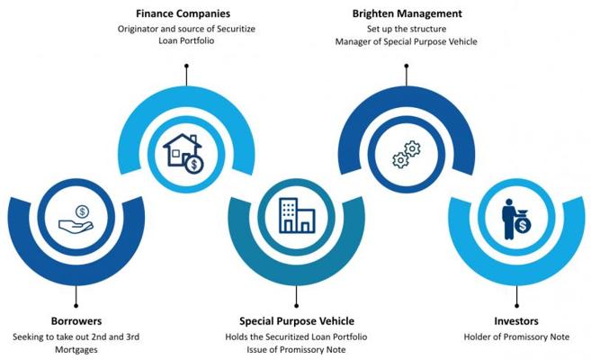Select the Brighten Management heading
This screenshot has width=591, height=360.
pos(407,14)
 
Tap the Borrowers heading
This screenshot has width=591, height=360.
pos(76,320)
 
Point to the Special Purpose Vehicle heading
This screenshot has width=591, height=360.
pos(296,320)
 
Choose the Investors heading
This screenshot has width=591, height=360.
pos(516,320)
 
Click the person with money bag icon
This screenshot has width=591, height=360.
pos(515,217)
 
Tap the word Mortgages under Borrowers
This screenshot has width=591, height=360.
pos(76,349)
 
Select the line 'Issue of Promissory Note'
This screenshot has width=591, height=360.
pos(296,349)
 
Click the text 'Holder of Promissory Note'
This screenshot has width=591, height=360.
pos(516,337)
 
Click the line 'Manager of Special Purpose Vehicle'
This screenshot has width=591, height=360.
pos(407,41)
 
